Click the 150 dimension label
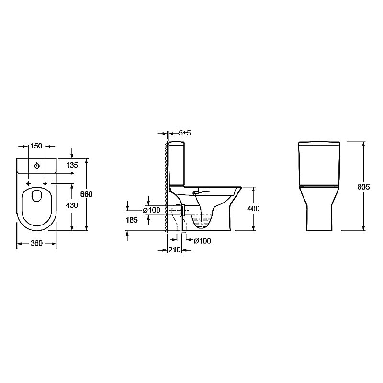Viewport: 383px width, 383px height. click(x=36, y=146)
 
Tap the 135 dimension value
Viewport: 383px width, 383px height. click(x=72, y=165)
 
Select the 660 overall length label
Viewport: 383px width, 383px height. click(x=87, y=194)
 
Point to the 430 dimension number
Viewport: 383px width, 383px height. click(x=72, y=205)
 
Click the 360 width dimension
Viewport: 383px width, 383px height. click(x=36, y=243)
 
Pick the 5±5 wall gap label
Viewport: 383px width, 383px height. click(x=185, y=133)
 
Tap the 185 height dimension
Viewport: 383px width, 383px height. click(x=132, y=220)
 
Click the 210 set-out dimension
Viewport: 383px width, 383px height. click(x=174, y=249)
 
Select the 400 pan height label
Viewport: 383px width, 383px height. click(x=253, y=209)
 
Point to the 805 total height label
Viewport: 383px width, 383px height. click(x=363, y=187)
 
